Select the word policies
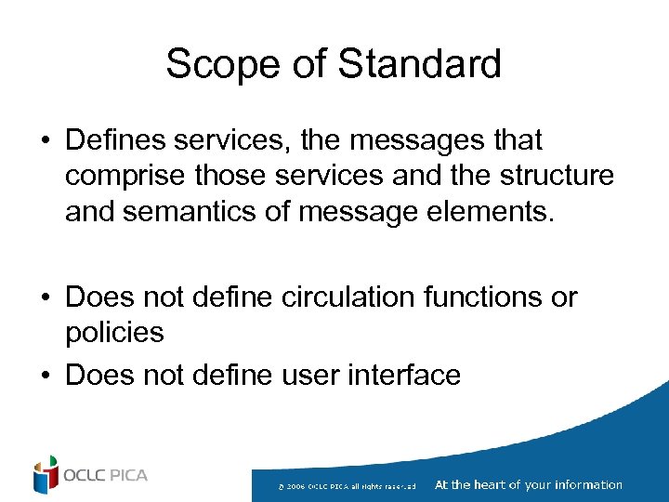point(114,332)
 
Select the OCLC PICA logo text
point(105,476)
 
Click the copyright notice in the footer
point(352,486)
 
